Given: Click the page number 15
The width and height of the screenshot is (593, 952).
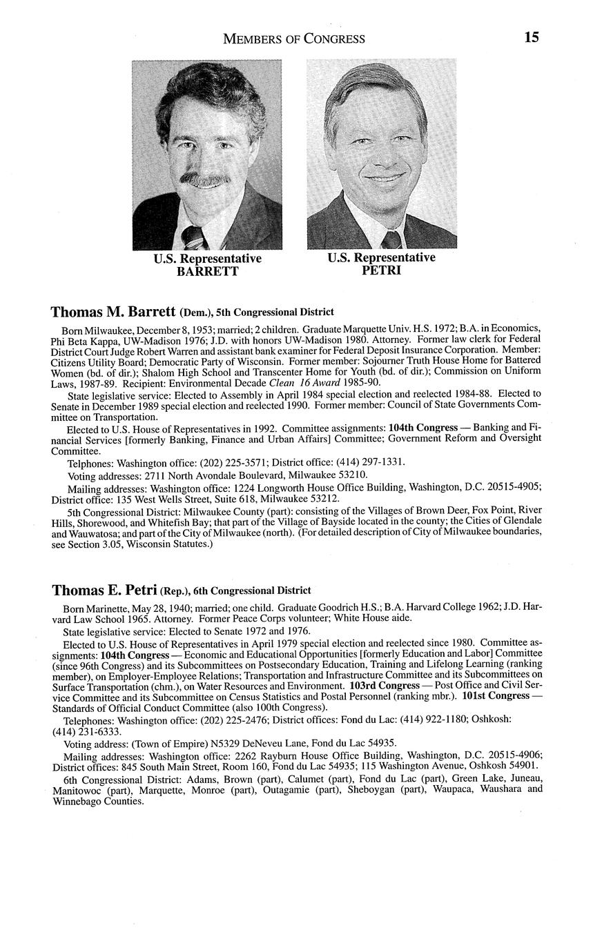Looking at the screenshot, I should (x=531, y=37).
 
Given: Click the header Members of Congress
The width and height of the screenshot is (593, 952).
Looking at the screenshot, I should (x=294, y=39).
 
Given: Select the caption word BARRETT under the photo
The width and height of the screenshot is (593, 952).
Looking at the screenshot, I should (x=207, y=272).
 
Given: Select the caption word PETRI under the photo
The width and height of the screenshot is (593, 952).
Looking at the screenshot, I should (x=381, y=270).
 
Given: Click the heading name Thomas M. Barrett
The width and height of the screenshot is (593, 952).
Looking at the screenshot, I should (x=113, y=312).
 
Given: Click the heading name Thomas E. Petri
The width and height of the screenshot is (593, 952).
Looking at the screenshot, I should (x=104, y=591).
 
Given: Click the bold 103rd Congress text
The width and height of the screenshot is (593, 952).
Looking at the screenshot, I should (x=385, y=686).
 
